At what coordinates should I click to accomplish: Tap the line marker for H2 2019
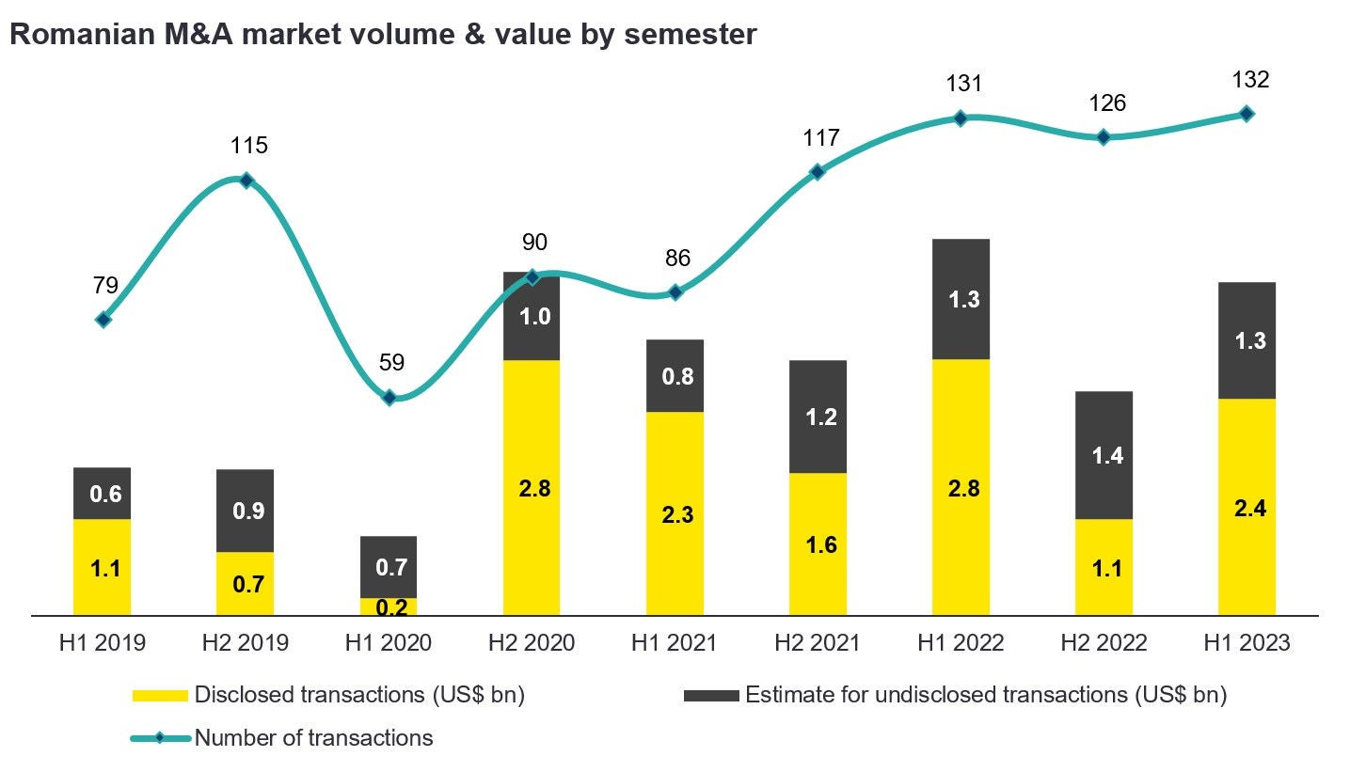[246, 181]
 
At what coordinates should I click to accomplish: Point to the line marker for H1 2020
[389, 398]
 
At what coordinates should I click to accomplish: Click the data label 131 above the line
[964, 84]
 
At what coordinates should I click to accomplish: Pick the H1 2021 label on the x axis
[675, 643]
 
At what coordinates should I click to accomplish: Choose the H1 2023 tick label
[1247, 643]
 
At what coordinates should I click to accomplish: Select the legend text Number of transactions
[313, 738]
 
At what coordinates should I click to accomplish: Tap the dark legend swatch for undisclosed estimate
[710, 696]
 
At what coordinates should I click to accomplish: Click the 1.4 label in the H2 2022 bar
[1106, 456]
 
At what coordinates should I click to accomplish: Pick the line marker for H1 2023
[1247, 114]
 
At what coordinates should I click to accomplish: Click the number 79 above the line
[105, 287]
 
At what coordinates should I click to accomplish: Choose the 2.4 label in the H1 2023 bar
[1249, 509]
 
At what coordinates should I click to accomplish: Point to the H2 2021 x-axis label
[818, 643]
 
